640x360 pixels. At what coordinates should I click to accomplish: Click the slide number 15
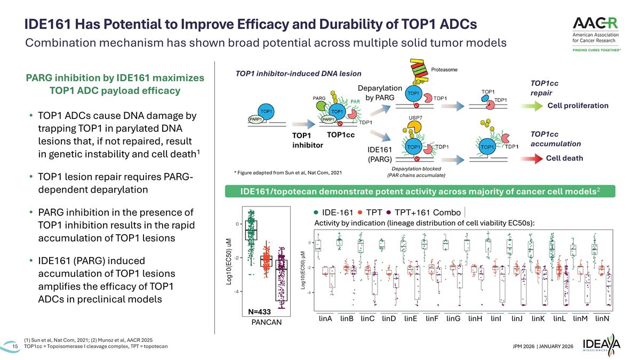(14, 347)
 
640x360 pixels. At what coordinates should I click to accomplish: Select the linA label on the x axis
(325, 319)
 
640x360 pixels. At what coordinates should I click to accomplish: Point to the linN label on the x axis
(602, 319)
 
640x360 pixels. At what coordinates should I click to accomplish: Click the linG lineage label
(453, 319)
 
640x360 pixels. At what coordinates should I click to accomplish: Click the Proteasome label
(442, 70)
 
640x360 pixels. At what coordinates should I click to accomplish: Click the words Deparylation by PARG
(380, 92)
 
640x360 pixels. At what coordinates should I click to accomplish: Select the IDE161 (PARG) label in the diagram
(380, 154)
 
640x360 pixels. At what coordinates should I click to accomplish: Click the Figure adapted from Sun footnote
(287, 172)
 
